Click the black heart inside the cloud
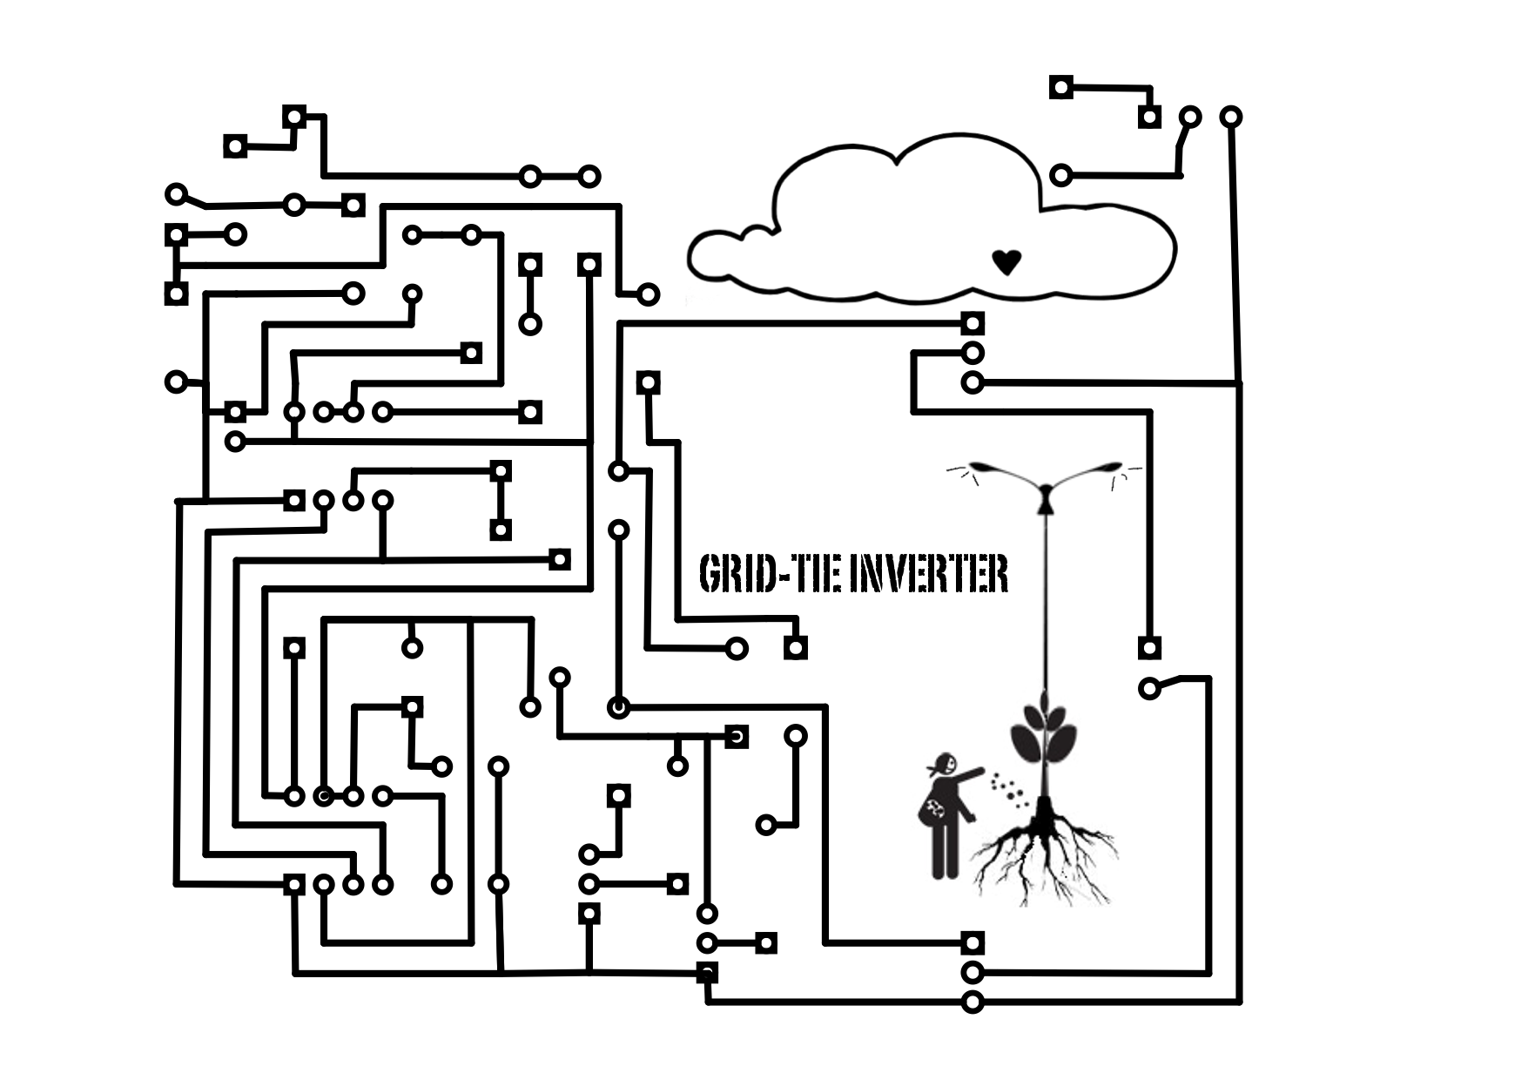pyautogui.click(x=1006, y=261)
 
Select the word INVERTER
pyautogui.click(x=929, y=575)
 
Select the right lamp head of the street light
pyautogui.click(x=1111, y=468)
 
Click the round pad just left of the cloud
pyautogui.click(x=648, y=294)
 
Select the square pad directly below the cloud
pyautogui.click(x=973, y=323)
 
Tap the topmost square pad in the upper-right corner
pyautogui.click(x=1060, y=87)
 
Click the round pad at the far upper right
pyautogui.click(x=1230, y=116)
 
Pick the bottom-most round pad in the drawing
pyautogui.click(x=973, y=1002)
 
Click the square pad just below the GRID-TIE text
pyautogui.click(x=795, y=648)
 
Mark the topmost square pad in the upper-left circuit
pyautogui.click(x=294, y=116)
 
